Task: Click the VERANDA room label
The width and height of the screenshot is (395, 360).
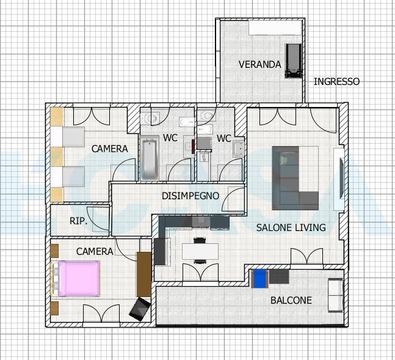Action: tap(259, 65)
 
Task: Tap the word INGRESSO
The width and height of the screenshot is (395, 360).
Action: tap(336, 81)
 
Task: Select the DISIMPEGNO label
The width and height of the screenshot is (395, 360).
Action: tap(190, 196)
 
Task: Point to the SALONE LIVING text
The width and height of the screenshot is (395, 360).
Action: tap(291, 227)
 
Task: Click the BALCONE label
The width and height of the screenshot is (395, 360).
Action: tap(291, 300)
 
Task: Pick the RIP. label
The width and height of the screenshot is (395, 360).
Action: tap(79, 221)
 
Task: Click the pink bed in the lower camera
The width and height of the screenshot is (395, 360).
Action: tap(79, 279)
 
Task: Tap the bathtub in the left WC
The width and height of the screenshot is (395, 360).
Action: tap(150, 158)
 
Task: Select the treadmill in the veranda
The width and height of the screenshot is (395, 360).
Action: tap(293, 61)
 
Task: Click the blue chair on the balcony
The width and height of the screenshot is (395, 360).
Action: tap(259, 279)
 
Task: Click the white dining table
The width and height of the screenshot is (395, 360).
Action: tap(200, 252)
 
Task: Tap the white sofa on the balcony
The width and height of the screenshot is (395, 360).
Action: tap(336, 295)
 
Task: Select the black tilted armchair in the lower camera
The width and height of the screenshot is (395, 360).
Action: tap(140, 309)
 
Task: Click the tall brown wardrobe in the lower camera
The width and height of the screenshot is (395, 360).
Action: tap(144, 274)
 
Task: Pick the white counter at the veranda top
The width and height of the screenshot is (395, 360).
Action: tap(275, 28)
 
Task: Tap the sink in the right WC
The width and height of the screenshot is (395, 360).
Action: tap(238, 149)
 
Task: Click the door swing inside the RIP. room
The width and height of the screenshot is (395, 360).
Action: tap(98, 218)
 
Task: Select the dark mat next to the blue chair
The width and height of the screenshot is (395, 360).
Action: tap(279, 277)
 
